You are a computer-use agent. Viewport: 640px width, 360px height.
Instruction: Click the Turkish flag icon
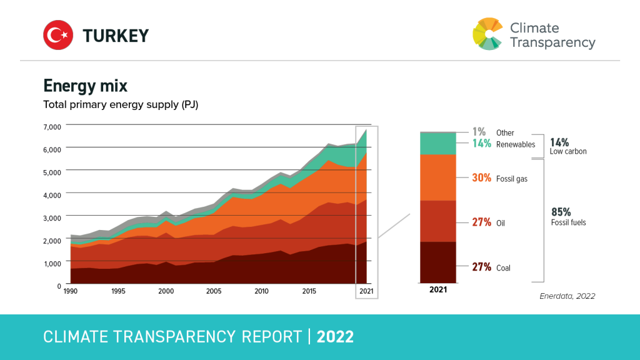pyautogui.click(x=59, y=35)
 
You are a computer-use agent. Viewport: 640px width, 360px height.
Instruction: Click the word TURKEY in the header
pyautogui.click(x=116, y=36)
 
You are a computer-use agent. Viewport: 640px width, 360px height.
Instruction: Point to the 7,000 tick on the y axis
pyautogui.click(x=52, y=127)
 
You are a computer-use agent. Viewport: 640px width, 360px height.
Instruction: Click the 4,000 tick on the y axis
pyautogui.click(x=52, y=195)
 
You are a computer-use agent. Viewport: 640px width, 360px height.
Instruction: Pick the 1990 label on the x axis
pyautogui.click(x=70, y=291)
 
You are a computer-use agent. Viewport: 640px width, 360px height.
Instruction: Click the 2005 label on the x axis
pyautogui.click(x=214, y=291)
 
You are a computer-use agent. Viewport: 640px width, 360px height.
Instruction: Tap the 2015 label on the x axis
pyautogui.click(x=309, y=291)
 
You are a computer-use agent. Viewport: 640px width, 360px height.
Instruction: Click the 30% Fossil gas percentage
pyautogui.click(x=481, y=178)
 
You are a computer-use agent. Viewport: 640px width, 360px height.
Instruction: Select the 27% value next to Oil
pyautogui.click(x=481, y=222)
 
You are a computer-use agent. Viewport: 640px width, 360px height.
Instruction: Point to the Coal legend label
pyautogui.click(x=503, y=268)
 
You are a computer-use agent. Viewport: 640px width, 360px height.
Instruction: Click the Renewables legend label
pyautogui.click(x=516, y=144)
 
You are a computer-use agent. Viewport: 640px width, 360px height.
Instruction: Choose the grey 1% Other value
pyautogui.click(x=479, y=132)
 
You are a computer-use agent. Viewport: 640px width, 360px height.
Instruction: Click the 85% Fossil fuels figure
pyautogui.click(x=561, y=212)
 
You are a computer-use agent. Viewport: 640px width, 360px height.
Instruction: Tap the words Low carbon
pyautogui.click(x=568, y=151)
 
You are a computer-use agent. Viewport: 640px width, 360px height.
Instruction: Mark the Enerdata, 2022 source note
pyautogui.click(x=567, y=296)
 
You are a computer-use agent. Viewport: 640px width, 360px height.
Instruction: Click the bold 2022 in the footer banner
pyautogui.click(x=335, y=337)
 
